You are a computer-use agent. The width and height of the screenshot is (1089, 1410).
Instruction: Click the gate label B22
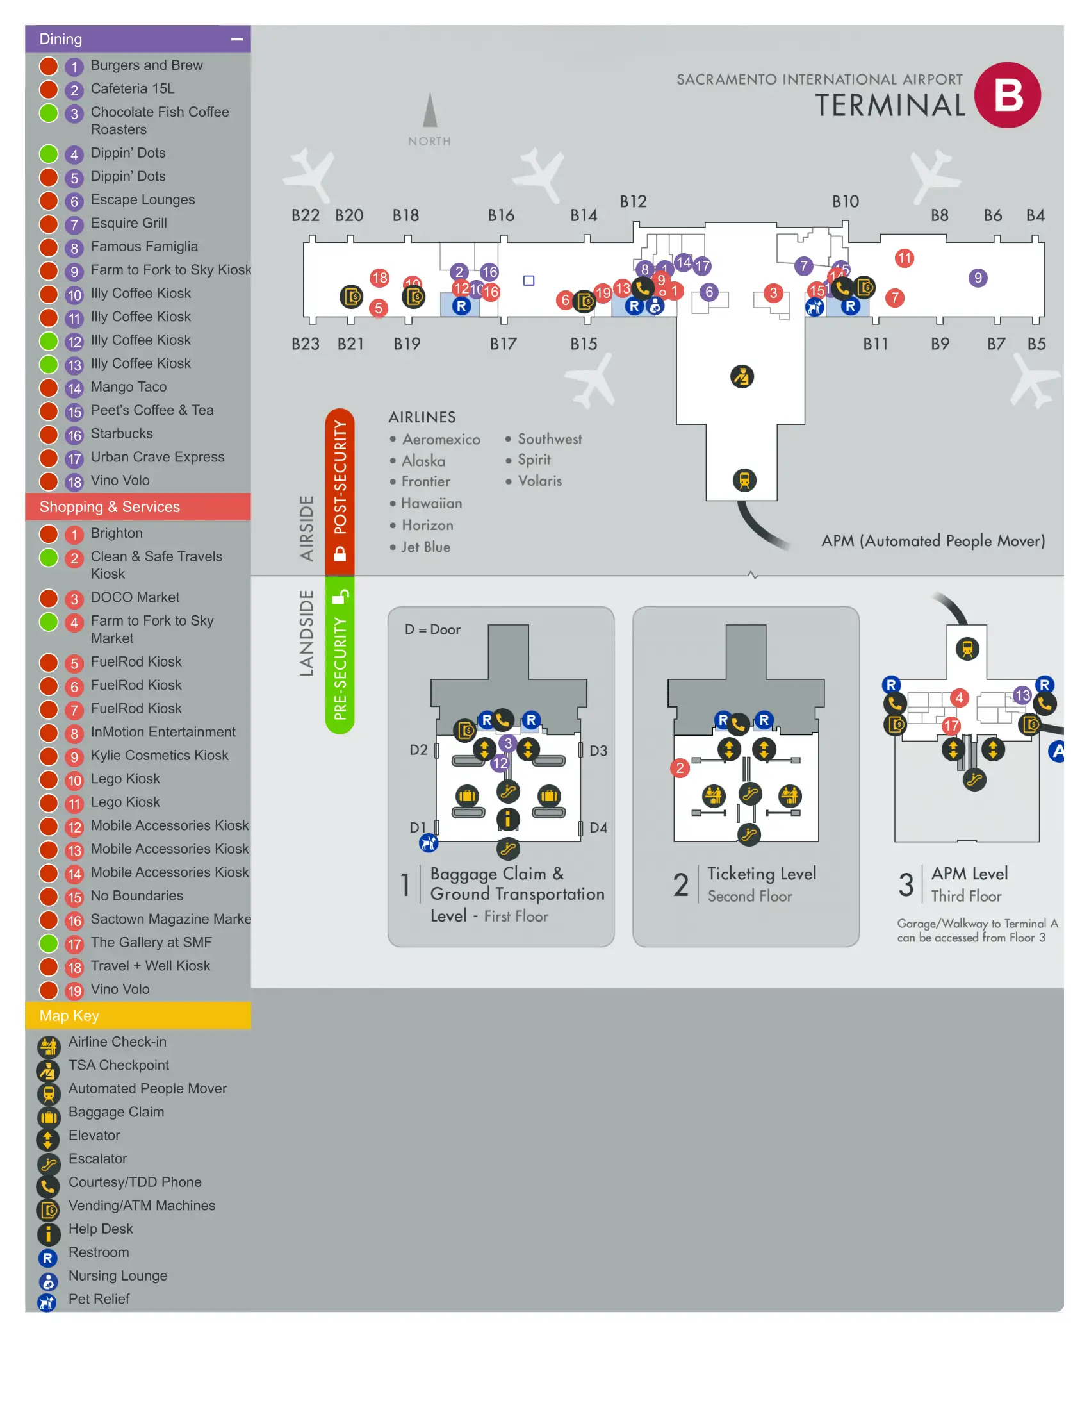[x=305, y=215]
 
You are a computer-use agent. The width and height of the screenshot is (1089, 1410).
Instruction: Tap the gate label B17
[x=503, y=344]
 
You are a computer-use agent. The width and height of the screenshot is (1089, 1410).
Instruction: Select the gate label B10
[x=844, y=201]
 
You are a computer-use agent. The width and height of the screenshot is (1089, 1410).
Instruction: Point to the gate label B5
[x=1035, y=344]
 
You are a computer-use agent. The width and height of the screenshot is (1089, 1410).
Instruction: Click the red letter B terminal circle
[x=1007, y=95]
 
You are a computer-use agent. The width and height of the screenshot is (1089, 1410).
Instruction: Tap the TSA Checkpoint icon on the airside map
[x=741, y=376]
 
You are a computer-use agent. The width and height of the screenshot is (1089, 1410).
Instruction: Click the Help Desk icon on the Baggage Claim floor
[x=508, y=819]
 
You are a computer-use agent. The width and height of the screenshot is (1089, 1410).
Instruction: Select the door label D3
[x=598, y=751]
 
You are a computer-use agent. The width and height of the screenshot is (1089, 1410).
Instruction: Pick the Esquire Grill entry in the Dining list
[x=128, y=223]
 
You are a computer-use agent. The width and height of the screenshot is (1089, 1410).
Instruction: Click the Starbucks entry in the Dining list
[x=121, y=433]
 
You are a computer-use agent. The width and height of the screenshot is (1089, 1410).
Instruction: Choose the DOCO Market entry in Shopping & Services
[x=135, y=597]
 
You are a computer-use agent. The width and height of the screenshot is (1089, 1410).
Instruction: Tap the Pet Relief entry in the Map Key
[x=99, y=1298]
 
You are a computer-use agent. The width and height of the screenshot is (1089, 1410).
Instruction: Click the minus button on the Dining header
[x=237, y=39]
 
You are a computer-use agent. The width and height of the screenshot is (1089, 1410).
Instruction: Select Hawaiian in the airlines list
[x=431, y=503]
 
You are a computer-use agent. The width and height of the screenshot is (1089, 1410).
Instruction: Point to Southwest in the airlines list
[x=549, y=439]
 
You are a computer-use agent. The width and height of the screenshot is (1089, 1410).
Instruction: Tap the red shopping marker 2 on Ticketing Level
[x=679, y=768]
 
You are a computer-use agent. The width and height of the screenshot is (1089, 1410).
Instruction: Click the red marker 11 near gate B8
[x=904, y=258]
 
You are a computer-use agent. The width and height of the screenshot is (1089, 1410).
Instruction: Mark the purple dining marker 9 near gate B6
[x=978, y=278]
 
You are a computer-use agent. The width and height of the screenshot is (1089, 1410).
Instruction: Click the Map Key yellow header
[x=138, y=1015]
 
